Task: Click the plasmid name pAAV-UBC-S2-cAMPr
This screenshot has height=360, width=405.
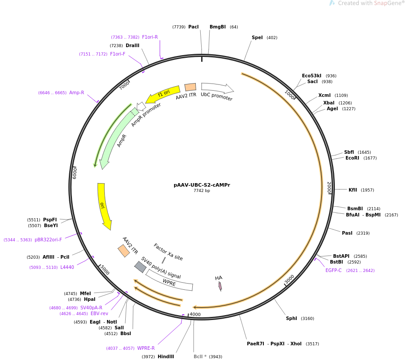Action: coord(202,185)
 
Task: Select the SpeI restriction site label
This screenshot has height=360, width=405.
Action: coord(257,38)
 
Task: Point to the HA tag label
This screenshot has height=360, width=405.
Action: coord(218,278)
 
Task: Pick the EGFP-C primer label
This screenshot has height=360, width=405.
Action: coord(334,270)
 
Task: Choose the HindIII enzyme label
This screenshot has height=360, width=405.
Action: coord(166,356)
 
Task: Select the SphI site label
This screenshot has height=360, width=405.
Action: coord(291,318)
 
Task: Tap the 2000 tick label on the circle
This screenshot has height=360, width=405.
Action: coord(329,188)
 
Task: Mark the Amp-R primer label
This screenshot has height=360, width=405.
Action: coord(76,92)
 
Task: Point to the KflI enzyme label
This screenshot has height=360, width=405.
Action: coord(353,190)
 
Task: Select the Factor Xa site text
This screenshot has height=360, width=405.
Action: coord(168,252)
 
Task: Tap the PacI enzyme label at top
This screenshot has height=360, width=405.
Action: coord(193,27)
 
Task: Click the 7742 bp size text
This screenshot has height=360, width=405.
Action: coord(202,191)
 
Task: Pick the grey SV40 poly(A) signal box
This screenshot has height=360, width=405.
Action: coord(140,267)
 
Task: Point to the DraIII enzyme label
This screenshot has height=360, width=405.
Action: coord(132,45)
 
